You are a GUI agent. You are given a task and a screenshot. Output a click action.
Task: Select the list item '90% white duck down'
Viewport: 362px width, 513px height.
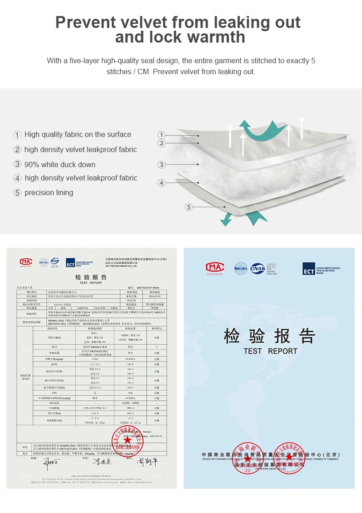[x=60, y=164]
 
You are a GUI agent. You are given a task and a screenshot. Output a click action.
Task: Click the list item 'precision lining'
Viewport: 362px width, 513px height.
[x=49, y=192]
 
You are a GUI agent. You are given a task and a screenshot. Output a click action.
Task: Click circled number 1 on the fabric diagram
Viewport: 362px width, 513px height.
[x=161, y=135]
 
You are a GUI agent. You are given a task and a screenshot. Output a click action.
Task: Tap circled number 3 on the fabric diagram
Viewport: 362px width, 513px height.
[x=161, y=164]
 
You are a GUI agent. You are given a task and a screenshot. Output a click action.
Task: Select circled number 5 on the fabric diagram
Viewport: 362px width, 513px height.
[x=189, y=207]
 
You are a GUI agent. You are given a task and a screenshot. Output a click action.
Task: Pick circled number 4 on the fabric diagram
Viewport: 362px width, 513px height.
[x=161, y=183]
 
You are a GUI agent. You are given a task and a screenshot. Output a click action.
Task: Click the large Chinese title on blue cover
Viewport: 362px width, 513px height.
[x=269, y=336]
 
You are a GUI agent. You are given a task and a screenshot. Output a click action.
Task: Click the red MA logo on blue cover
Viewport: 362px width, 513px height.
[x=215, y=267]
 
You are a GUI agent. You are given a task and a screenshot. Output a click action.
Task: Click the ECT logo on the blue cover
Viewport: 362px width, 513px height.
[x=309, y=268]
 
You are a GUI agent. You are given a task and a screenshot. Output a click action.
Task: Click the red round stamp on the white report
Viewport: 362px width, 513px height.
[x=127, y=440]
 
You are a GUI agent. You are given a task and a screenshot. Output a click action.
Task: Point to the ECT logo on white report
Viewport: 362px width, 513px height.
[x=70, y=262]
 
